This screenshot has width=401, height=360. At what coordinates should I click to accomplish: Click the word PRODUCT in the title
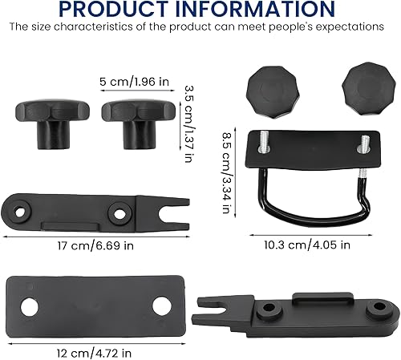pos(113,9)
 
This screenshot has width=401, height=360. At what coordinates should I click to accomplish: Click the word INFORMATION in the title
pos(255,9)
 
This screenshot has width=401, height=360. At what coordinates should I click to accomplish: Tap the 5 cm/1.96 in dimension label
pos(134,82)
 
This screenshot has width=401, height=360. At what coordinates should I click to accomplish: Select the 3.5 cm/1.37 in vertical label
pos(189,123)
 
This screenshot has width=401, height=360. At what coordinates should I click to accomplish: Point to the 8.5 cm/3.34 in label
pos(226,172)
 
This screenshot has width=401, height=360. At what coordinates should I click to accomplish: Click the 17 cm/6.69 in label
pos(95,245)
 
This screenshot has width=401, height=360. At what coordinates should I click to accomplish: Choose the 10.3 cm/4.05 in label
pos(307,245)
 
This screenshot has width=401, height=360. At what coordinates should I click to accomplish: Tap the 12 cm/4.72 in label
pos(94,354)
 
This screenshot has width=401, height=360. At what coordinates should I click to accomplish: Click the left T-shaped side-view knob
pos(52,123)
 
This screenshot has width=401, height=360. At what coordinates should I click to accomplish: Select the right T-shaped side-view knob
pos(139,123)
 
